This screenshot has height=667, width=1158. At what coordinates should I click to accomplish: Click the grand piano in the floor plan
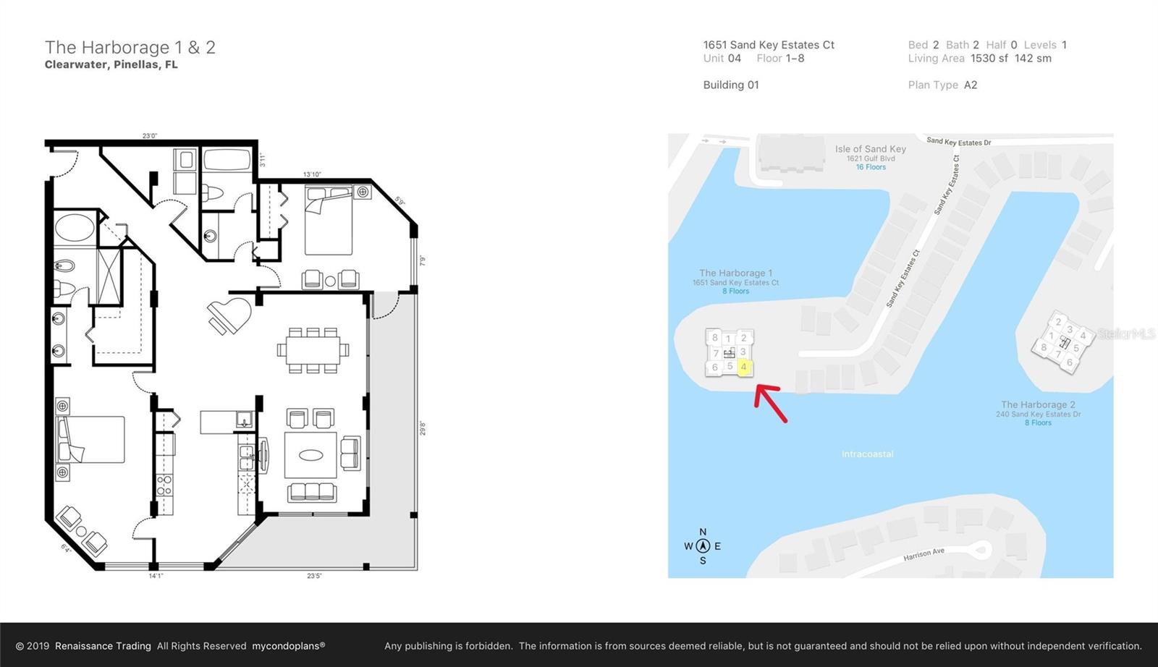click(x=229, y=315)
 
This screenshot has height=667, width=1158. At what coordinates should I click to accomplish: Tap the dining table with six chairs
click(x=313, y=350)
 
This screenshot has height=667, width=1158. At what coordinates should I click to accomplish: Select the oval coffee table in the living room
click(x=311, y=455)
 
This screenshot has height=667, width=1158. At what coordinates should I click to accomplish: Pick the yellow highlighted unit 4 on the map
click(x=743, y=367)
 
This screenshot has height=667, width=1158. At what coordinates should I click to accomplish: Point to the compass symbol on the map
click(x=702, y=546)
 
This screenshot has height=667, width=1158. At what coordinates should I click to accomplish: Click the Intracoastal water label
click(x=867, y=454)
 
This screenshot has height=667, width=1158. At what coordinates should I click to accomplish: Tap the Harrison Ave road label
click(x=924, y=555)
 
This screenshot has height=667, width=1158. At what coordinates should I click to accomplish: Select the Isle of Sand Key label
click(x=870, y=149)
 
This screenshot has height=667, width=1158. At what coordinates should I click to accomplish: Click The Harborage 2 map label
click(x=1038, y=405)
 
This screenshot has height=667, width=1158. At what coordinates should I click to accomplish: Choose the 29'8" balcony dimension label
click(x=423, y=428)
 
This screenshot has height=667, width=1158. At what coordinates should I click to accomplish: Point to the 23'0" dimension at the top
click(x=149, y=136)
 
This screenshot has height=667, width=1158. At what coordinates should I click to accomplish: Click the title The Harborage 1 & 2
click(x=130, y=48)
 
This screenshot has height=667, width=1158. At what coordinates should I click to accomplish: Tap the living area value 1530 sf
click(x=989, y=59)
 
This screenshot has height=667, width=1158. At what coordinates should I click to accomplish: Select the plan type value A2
click(x=971, y=85)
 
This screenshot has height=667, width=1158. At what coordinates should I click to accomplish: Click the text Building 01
click(x=731, y=85)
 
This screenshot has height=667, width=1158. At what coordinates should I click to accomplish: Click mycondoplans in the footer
click(x=288, y=646)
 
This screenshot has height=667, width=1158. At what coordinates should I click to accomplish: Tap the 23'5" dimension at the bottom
click(x=314, y=576)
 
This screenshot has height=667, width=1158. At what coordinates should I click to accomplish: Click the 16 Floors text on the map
click(x=871, y=167)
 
